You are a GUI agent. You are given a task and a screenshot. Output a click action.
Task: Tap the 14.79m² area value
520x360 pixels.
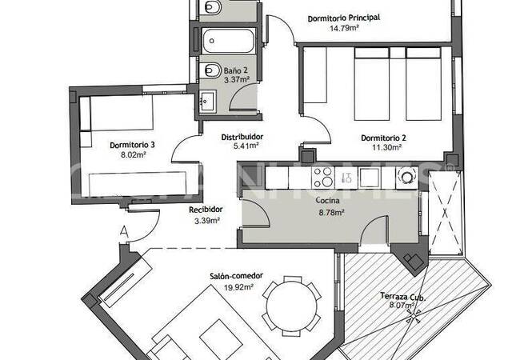344,28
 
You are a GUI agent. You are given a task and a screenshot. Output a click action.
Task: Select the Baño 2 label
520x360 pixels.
236,70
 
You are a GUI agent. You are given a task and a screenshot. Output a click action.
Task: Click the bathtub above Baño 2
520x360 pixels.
228,39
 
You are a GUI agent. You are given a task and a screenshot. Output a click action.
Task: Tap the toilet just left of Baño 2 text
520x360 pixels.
212,70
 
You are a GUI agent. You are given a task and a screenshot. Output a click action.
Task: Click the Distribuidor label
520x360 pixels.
242,136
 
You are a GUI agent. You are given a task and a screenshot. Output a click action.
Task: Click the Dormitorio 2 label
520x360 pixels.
383,138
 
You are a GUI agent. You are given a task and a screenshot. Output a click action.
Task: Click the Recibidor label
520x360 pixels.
206,210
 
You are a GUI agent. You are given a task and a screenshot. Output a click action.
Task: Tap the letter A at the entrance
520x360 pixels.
123,232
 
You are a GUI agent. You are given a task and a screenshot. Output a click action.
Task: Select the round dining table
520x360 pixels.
290,303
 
